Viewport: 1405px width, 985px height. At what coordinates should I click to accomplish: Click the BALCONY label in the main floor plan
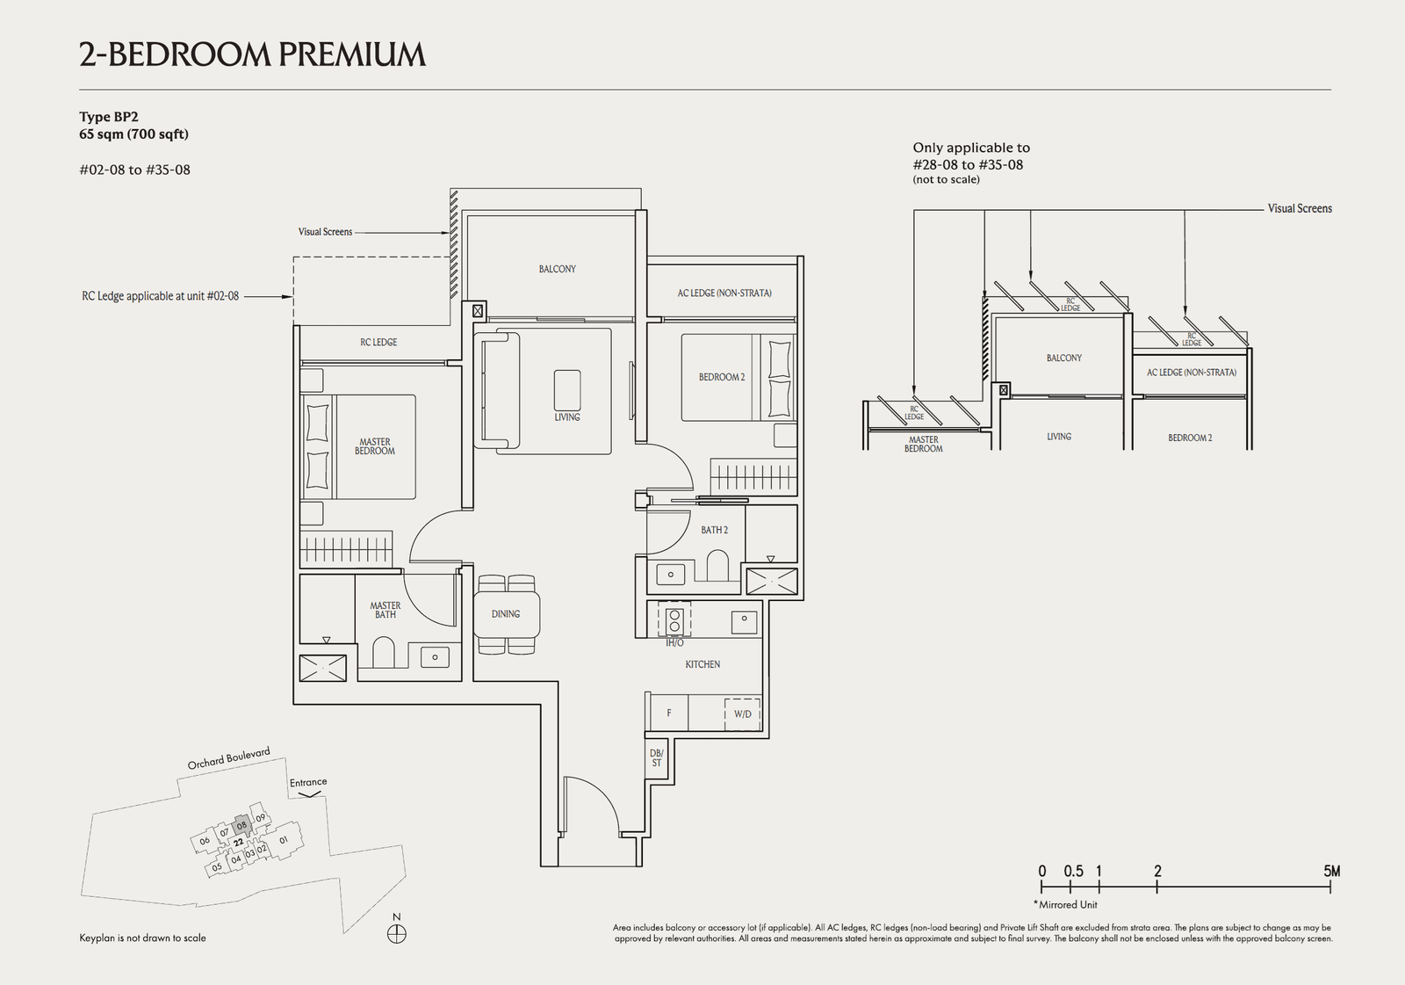(x=557, y=269)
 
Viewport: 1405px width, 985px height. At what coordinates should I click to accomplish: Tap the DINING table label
(x=506, y=614)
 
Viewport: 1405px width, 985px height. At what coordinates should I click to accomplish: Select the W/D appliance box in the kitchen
(x=743, y=713)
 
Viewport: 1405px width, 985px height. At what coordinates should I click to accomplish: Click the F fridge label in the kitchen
(x=669, y=713)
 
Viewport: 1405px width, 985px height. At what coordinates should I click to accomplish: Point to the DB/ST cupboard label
(x=656, y=758)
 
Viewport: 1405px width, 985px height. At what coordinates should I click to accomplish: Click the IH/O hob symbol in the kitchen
(x=674, y=620)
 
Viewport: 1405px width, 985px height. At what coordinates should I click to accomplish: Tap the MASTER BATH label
(x=385, y=610)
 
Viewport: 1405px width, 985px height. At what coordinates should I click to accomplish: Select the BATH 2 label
(x=714, y=530)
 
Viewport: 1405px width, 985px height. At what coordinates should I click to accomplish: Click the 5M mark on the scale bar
(x=1331, y=872)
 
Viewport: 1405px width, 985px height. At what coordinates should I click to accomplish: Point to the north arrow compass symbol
(x=397, y=933)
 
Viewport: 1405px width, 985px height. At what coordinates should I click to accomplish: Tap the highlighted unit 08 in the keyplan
(x=242, y=825)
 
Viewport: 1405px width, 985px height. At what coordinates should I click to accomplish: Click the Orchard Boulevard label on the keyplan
(x=228, y=758)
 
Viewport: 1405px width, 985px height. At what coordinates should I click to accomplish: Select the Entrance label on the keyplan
(x=308, y=782)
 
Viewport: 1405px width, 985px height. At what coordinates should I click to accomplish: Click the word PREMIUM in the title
(x=352, y=54)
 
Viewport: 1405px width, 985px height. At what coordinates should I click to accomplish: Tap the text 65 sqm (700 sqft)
(x=133, y=134)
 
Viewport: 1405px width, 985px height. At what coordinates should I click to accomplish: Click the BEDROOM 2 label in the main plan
(x=721, y=377)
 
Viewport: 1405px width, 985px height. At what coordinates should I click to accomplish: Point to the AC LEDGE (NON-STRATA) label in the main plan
(x=724, y=293)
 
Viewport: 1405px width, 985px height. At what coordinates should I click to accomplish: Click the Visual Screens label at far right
(x=1299, y=208)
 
